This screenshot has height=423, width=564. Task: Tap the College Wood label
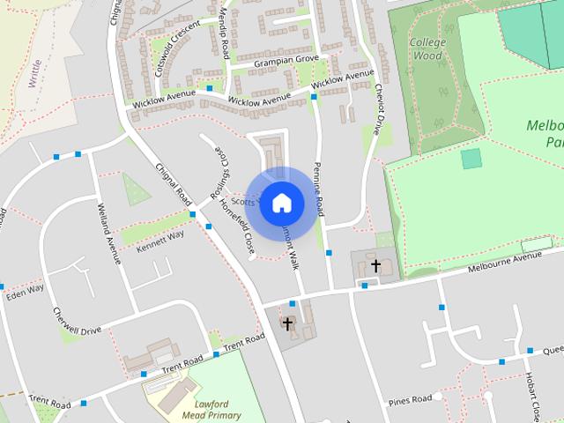coord(428,48)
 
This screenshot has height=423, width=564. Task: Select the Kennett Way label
coord(160,240)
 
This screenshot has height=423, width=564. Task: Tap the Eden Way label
coord(25,290)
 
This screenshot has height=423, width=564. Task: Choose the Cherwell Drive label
coord(77,321)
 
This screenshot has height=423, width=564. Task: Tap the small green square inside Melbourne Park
coord(471,159)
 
